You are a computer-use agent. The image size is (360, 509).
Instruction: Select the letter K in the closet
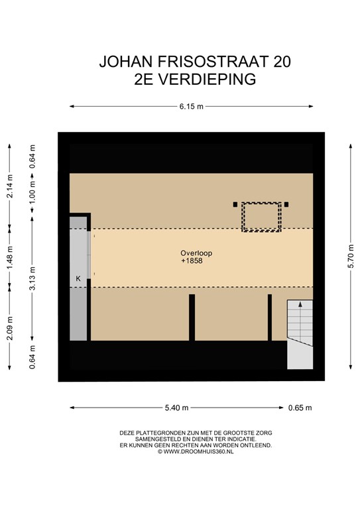78,279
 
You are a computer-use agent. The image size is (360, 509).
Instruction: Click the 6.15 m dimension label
191,106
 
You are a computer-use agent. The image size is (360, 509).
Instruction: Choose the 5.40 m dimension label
176,408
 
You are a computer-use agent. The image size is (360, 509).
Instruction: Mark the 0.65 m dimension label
300,408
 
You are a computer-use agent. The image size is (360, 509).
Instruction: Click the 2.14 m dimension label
9,186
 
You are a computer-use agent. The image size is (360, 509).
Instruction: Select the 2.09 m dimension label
9,327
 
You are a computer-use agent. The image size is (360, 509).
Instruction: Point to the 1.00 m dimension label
32,192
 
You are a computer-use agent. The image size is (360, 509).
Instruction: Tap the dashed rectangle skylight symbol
261,217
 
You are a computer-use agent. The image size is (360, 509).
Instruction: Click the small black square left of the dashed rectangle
235,205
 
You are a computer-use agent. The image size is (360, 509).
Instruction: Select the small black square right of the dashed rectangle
287,205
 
